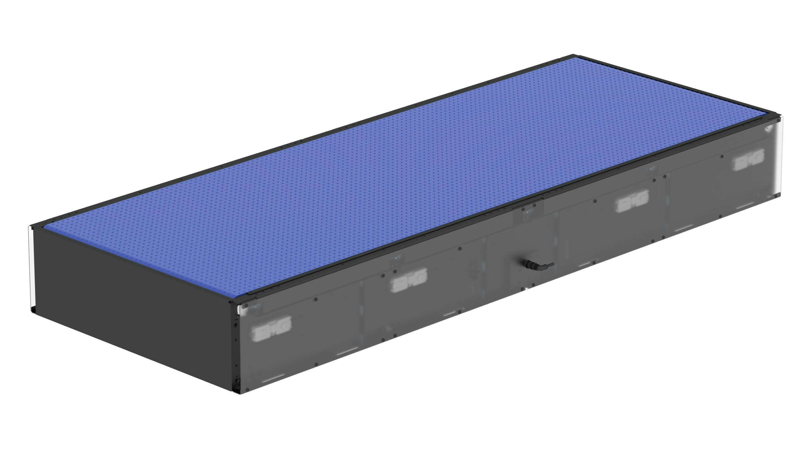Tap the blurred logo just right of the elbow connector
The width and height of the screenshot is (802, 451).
[x=632, y=202]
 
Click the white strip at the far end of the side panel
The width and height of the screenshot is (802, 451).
[x=779, y=159]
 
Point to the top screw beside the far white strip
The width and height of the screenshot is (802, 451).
[x=778, y=120]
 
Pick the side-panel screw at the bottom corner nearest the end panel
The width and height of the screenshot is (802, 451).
[x=247, y=389]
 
